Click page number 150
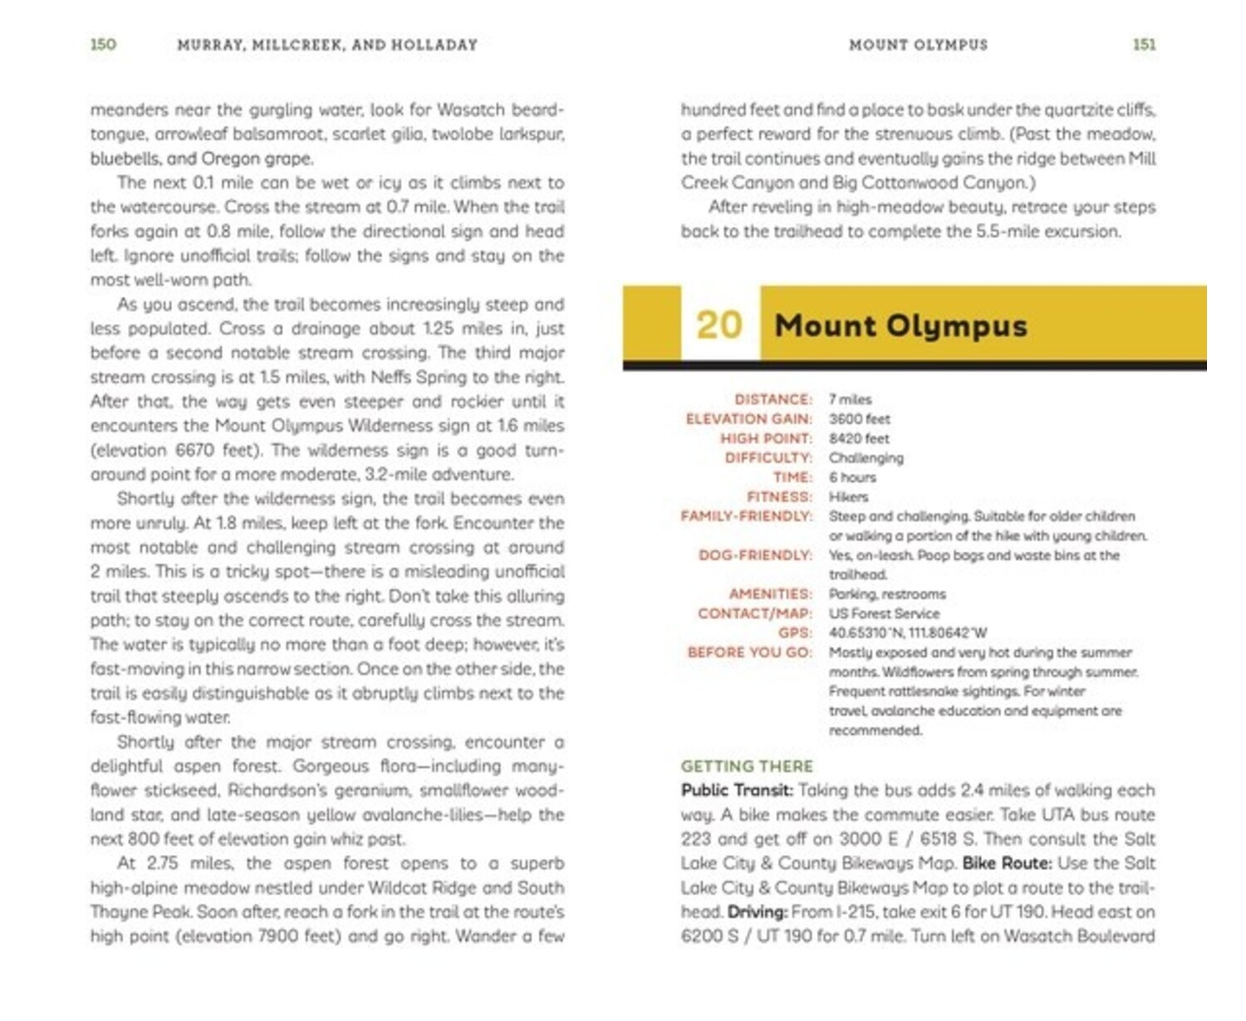click(x=103, y=44)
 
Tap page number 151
click(x=1144, y=44)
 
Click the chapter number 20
click(x=719, y=325)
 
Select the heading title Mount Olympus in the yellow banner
click(x=900, y=325)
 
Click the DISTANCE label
click(x=773, y=399)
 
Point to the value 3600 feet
click(x=859, y=419)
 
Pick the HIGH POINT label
click(x=765, y=438)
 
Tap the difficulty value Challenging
click(x=866, y=458)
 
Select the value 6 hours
click(x=852, y=477)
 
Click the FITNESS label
click(x=779, y=496)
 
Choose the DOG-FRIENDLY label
click(x=755, y=554)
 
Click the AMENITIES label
click(x=770, y=594)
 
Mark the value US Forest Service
click(x=884, y=613)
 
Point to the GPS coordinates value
click(x=907, y=633)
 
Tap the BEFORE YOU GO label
click(x=749, y=652)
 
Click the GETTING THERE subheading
click(x=747, y=766)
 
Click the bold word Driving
click(x=757, y=911)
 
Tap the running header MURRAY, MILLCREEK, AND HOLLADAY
click(x=327, y=45)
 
